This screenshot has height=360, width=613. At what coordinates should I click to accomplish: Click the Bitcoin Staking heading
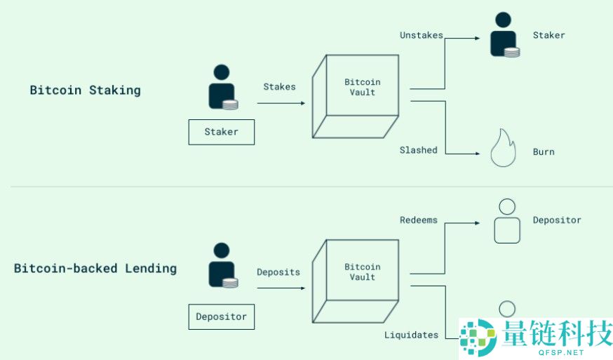coord(85,91)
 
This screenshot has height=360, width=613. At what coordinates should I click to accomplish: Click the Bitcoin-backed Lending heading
coord(95,268)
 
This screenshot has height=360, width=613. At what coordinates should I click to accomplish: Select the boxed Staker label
coord(221,132)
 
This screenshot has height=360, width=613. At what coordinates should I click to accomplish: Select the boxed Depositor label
coord(221,316)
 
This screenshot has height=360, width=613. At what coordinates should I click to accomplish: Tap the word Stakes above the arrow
coord(279,87)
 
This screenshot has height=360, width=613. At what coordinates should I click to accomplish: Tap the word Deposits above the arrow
coord(278,272)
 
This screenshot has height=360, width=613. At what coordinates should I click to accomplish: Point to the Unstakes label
coord(421,34)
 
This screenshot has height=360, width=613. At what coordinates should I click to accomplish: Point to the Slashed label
coord(418,149)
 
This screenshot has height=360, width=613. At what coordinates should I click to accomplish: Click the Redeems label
coord(418,220)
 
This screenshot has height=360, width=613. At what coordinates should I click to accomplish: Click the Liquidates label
coord(411,335)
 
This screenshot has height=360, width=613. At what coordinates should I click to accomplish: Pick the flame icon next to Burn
coord(503,148)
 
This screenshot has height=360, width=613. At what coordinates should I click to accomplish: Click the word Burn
coord(544,152)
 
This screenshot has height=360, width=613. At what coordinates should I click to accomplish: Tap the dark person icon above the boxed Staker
coord(222,87)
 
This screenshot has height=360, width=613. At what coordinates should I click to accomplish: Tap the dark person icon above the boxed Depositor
coord(222,265)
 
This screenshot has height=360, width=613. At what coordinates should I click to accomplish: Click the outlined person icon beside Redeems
coord(506,221)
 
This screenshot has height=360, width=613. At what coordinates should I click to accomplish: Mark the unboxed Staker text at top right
coord(548,34)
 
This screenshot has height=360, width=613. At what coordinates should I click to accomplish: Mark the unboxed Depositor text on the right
coord(557,220)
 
